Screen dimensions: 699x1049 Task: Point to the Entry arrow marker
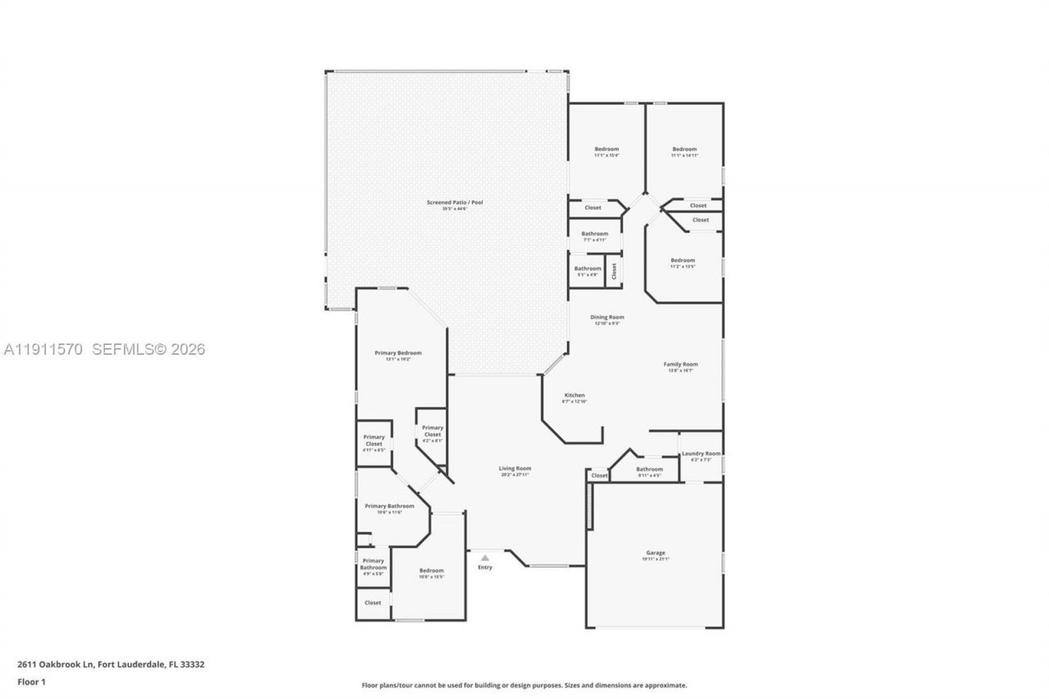[485, 557]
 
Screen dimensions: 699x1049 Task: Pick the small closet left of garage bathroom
[599, 475]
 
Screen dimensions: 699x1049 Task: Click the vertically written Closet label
[614, 270]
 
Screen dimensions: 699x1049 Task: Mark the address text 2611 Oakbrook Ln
[111, 665]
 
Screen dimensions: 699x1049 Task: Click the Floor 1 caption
[32, 682]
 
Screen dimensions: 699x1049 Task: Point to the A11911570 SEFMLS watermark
[104, 350]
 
